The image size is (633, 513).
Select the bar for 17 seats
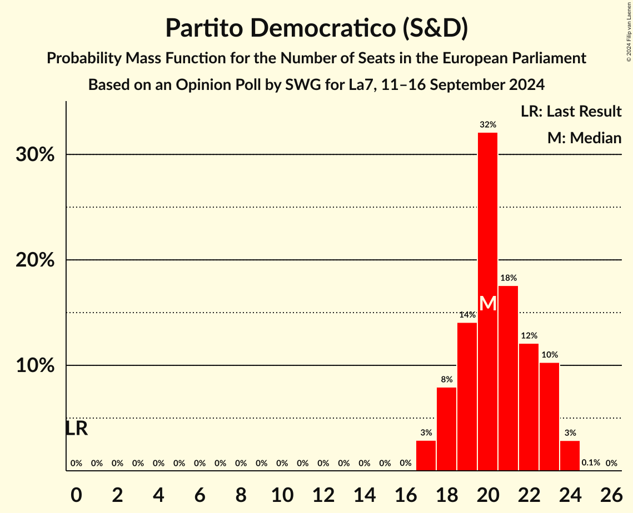[x=426, y=456]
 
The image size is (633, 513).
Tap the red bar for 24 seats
[x=570, y=456]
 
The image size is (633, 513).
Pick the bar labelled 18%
[x=508, y=378]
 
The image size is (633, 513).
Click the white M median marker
[x=487, y=304]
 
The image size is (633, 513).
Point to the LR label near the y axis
[x=76, y=429]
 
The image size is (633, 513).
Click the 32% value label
[x=487, y=124]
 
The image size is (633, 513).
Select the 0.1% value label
[x=590, y=462]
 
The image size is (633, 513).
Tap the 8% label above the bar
[x=446, y=380]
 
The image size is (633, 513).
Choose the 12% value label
[x=529, y=336]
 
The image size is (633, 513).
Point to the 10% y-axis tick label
[x=35, y=365]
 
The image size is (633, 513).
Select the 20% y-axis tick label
[x=35, y=260]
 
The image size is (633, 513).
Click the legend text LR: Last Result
[x=571, y=112]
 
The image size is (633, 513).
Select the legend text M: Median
[x=584, y=138]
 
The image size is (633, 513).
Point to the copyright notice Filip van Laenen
[x=629, y=31]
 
